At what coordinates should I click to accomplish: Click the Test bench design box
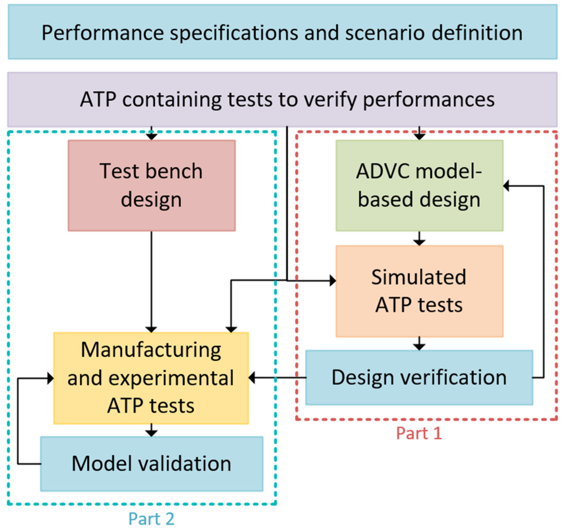point(152,186)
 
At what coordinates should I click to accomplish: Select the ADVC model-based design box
point(419,186)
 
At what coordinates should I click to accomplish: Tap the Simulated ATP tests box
point(419,291)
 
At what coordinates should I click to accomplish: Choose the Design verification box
point(419,378)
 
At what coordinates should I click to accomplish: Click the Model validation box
point(152,463)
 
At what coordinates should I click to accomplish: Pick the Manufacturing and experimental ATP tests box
point(151,378)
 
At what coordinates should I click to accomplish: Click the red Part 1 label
point(419,433)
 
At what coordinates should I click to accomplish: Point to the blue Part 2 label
point(151,519)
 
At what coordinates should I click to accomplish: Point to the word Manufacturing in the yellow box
point(151,350)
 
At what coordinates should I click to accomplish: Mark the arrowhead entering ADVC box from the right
point(506,186)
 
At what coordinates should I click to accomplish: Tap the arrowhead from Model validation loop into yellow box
point(51,378)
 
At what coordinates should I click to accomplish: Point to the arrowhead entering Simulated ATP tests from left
point(333,281)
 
